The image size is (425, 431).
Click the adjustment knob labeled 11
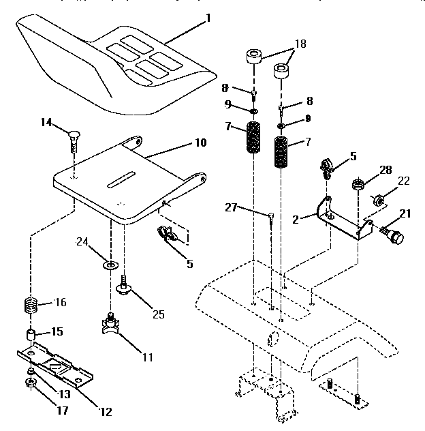[x=110, y=325]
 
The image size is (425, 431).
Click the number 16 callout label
[x=60, y=301]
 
